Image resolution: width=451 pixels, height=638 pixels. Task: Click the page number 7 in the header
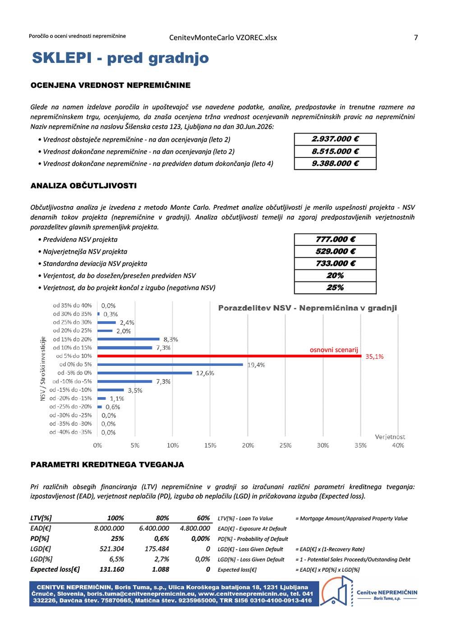point(416,37)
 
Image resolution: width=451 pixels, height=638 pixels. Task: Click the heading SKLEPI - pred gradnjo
point(120,58)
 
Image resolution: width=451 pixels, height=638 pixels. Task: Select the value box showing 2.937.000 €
point(335,139)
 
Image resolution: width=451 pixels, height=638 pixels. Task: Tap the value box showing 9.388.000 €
point(335,163)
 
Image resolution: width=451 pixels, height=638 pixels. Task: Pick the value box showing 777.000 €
point(335,240)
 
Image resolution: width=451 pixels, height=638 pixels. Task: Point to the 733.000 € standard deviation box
point(335,264)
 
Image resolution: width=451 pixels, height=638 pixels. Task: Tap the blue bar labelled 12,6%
point(145,373)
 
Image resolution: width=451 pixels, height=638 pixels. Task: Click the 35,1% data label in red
point(374,356)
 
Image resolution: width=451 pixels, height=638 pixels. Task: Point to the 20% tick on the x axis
point(248,445)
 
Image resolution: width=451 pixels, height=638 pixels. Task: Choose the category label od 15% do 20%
point(72,339)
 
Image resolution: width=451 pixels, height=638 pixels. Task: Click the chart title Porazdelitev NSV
point(307,308)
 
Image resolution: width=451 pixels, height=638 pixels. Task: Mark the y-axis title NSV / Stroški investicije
point(43,369)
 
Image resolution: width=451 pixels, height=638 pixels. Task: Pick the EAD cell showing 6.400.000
point(154,528)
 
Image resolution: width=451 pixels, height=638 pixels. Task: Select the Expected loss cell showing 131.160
point(111,569)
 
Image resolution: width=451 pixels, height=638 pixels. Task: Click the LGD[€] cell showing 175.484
point(156,549)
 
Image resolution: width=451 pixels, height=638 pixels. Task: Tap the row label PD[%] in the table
point(40,539)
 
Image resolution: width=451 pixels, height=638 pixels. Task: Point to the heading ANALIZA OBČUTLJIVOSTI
point(83,186)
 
